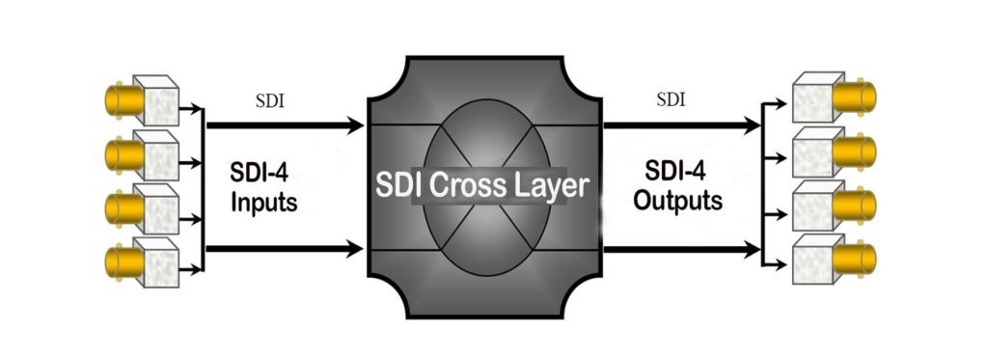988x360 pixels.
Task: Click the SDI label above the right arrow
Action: (x=673, y=99)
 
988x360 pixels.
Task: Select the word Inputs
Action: (x=263, y=205)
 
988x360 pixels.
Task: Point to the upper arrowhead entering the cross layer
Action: (x=354, y=125)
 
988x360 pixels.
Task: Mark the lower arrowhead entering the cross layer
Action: (x=354, y=250)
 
